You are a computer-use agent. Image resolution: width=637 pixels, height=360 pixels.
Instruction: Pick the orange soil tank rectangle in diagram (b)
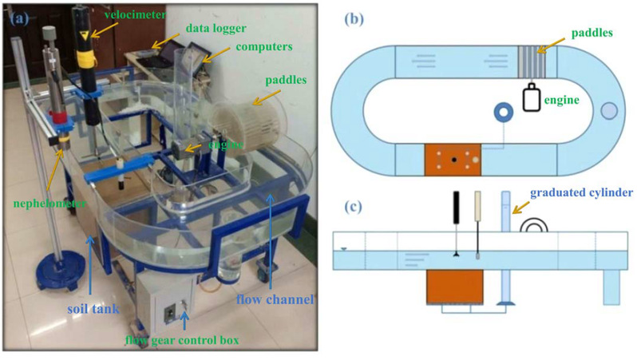click(453, 160)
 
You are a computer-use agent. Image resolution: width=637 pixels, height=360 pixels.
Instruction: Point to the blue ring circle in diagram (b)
click(504, 113)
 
